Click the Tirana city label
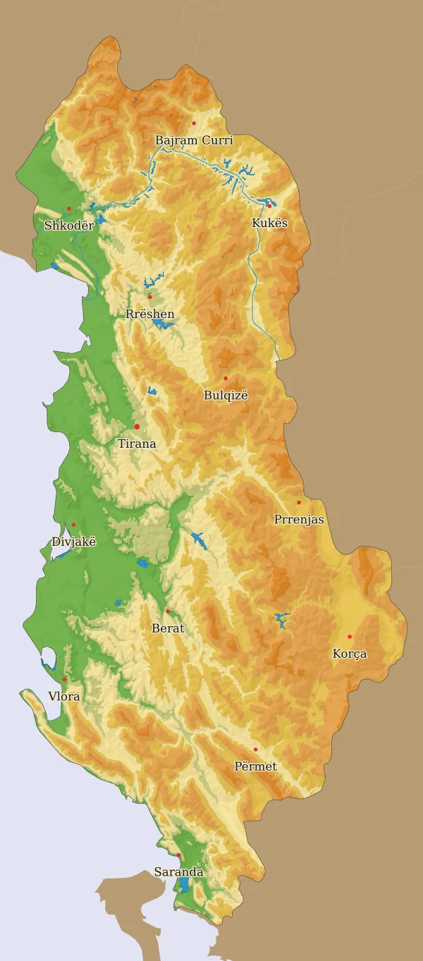pos(137,444)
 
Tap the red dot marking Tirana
pos(137,427)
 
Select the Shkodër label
pos(68,226)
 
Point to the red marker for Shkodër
pos(69,208)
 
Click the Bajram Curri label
pos(194,140)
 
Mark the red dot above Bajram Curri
pos(194,123)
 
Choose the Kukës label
pos(270,223)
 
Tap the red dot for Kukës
pos(269,206)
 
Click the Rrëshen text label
pos(149,314)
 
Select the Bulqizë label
pos(226,396)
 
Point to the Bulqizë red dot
pos(226,379)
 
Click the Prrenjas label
pos(299,520)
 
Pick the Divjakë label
pos(73,541)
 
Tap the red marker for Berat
pos(168,611)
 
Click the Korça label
pos(350,654)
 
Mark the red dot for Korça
pos(350,637)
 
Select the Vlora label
pos(63,696)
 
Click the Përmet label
pos(255,766)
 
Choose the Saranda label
pos(178,872)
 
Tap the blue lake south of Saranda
pos(184,884)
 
